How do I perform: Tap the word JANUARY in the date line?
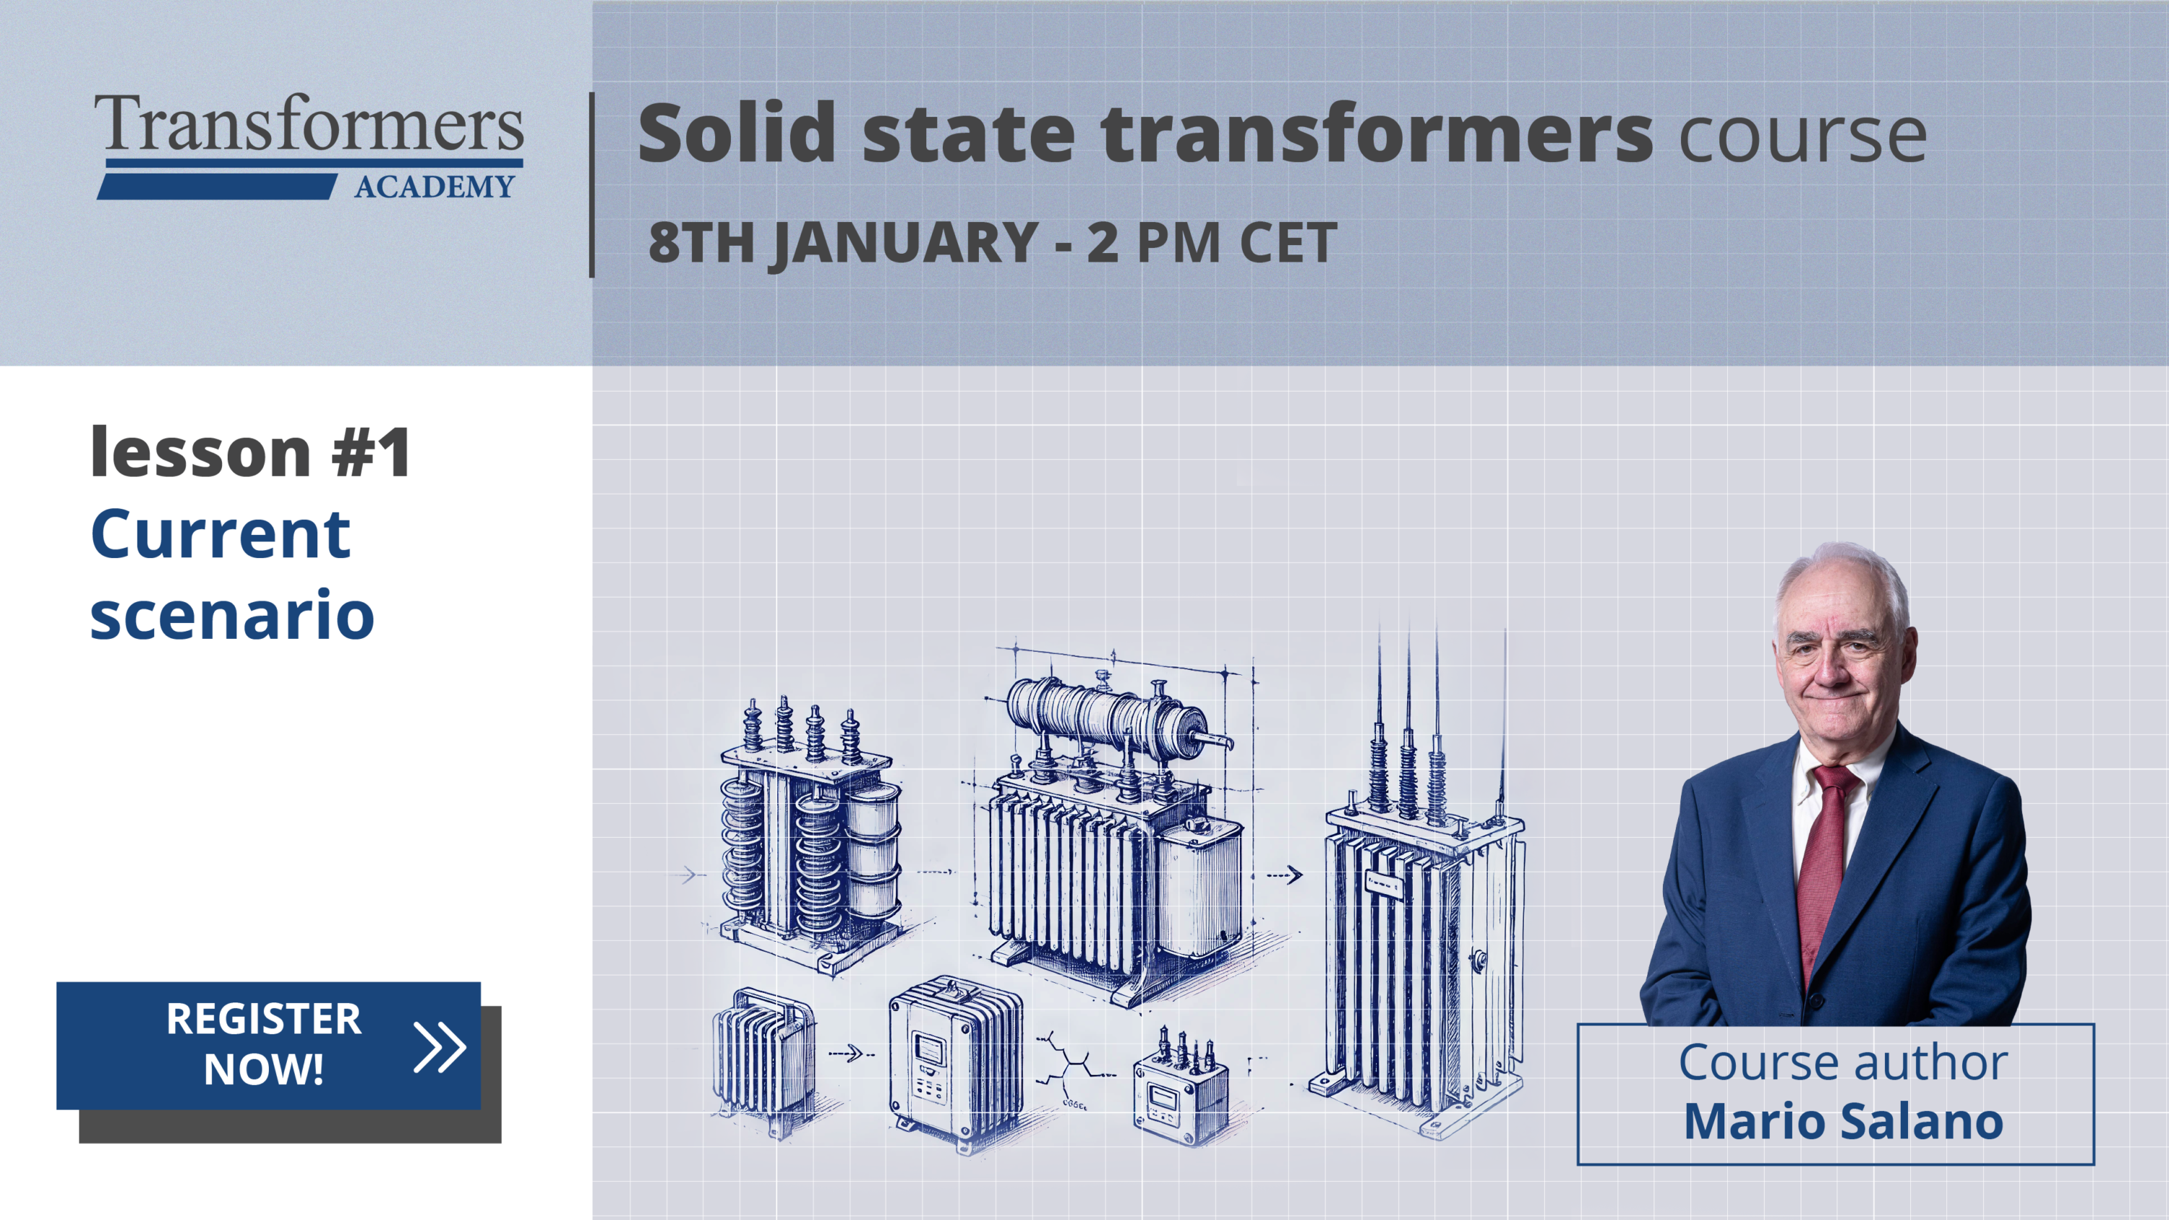click(905, 243)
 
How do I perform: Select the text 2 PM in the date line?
click(1152, 243)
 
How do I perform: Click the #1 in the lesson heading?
click(370, 453)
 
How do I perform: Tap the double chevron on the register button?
click(440, 1047)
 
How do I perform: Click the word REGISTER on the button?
click(264, 1019)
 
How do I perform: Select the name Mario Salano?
click(1843, 1122)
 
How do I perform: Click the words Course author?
click(1843, 1062)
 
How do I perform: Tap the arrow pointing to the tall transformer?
click(1285, 876)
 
